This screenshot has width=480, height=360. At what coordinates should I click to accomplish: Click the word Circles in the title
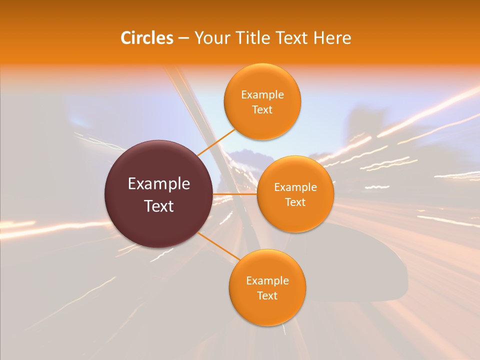tap(146, 38)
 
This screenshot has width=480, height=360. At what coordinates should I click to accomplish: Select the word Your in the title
tap(210, 38)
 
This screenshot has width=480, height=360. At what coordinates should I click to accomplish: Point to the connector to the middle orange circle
tap(235, 194)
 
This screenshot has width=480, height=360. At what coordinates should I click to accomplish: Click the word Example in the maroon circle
tap(159, 184)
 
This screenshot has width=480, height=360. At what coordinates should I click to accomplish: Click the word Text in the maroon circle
tap(159, 206)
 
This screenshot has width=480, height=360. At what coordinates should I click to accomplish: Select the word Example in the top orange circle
tap(262, 95)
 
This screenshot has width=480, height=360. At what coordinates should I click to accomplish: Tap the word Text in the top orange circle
tap(262, 109)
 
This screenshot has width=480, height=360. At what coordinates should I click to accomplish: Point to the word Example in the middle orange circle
tap(295, 187)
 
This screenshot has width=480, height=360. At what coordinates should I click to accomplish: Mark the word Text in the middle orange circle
tap(295, 202)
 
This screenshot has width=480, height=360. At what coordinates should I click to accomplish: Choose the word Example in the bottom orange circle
tap(267, 281)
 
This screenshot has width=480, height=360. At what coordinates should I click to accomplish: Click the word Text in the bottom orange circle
tap(267, 295)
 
